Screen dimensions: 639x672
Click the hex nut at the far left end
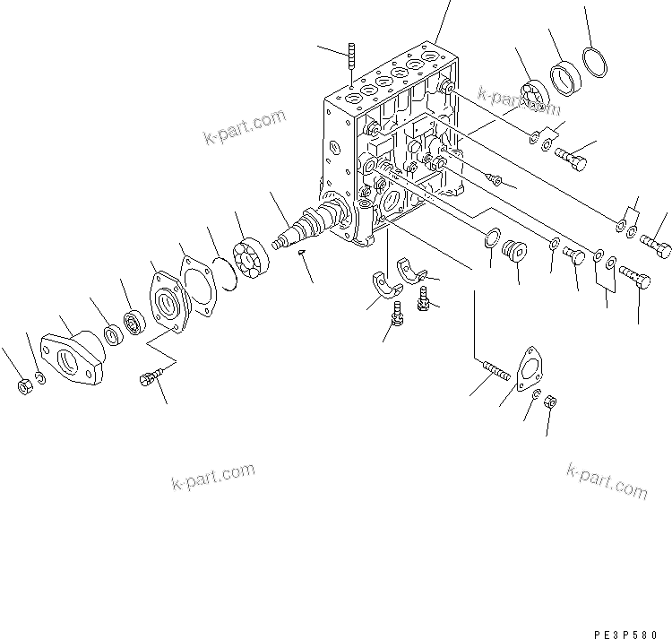(25, 387)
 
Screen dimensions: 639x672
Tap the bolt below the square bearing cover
(151, 380)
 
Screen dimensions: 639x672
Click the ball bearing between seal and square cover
(134, 320)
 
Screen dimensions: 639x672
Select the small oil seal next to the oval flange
(113, 335)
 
